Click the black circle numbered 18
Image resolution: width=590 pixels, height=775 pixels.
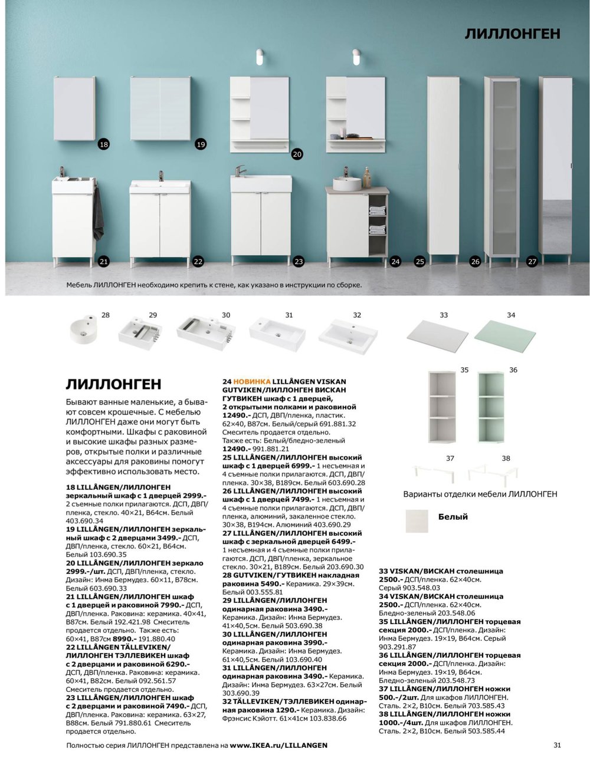pyautogui.click(x=104, y=144)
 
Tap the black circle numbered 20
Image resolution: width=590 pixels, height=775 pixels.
pyautogui.click(x=297, y=154)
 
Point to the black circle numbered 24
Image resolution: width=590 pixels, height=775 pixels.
pyautogui.click(x=395, y=261)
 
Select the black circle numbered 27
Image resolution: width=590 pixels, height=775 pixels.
pyautogui.click(x=532, y=261)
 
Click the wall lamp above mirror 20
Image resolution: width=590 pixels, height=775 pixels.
pyautogui.click(x=258, y=59)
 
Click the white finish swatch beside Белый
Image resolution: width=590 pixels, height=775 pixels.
pyautogui.click(x=418, y=520)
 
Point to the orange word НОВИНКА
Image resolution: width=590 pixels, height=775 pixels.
pyautogui.click(x=252, y=381)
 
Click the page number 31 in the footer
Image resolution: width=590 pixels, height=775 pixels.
pyautogui.click(x=558, y=745)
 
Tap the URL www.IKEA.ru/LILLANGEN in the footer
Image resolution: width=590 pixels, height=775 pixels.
pyautogui.click(x=278, y=746)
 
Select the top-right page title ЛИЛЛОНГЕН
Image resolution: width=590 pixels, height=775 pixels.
pyautogui.click(x=512, y=34)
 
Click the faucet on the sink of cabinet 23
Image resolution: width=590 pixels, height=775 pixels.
pyautogui.click(x=239, y=171)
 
